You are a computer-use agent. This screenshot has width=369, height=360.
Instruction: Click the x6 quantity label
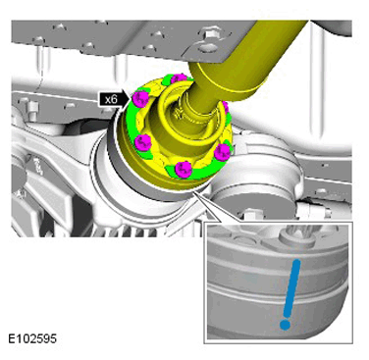click(x=112, y=99)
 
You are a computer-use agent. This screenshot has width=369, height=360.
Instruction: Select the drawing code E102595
click(x=32, y=338)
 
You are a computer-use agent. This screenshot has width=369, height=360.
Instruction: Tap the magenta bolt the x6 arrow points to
click(x=140, y=97)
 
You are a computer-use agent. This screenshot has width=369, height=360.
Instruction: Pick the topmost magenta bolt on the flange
click(x=179, y=78)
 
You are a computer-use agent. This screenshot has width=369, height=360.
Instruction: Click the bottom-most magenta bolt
click(x=183, y=170)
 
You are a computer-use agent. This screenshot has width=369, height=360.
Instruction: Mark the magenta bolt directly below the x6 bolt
click(x=142, y=141)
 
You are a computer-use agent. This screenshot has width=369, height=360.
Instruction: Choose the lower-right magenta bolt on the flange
click(x=222, y=151)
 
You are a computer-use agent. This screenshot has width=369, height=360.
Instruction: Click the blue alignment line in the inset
click(x=291, y=287)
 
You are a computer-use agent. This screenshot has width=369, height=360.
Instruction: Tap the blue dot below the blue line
click(x=285, y=325)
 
